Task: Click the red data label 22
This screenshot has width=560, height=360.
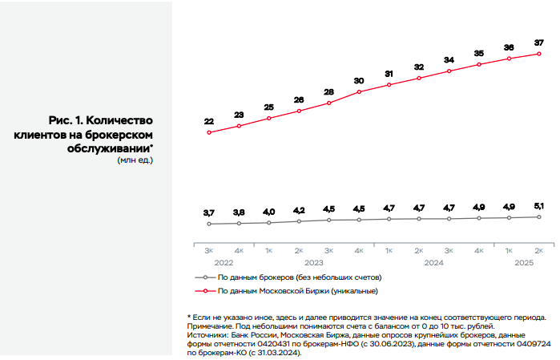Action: click(x=208, y=122)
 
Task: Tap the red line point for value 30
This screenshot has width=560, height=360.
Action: click(x=359, y=91)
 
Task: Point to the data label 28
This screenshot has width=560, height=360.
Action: click(x=328, y=92)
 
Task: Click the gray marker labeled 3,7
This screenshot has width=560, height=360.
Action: click(x=208, y=224)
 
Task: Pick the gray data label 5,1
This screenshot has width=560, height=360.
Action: click(x=539, y=206)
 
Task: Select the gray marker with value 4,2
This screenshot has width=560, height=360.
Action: click(x=299, y=221)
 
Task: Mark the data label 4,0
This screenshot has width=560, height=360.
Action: click(x=268, y=212)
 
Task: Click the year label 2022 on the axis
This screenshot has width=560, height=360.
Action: click(x=224, y=262)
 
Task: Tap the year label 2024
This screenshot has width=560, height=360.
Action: click(x=433, y=262)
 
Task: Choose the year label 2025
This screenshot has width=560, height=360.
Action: click(x=524, y=262)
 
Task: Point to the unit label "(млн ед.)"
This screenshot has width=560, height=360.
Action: click(x=135, y=160)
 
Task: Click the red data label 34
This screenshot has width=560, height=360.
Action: click(x=449, y=60)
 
